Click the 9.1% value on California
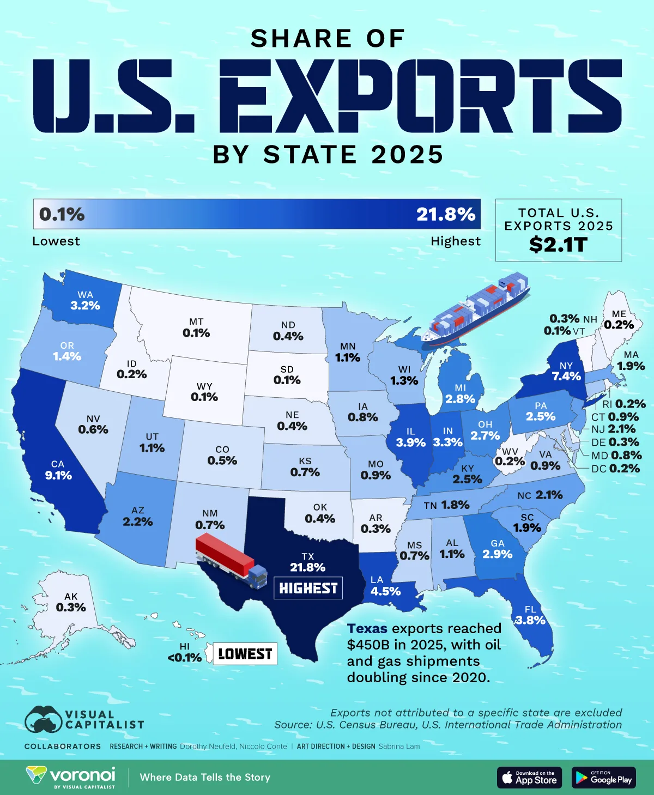pos(58,475)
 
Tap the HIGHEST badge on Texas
pos(308,588)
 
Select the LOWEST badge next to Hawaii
pos(245,654)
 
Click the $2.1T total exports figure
pos(558,245)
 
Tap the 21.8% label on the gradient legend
pos(445,214)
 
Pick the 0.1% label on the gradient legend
pos(62,214)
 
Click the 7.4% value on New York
pos(566,376)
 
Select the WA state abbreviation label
pos(85,295)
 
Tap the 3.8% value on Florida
pos(530,620)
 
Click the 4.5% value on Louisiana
pos(385,591)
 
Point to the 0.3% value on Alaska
pos(71,607)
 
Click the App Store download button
pos(529,778)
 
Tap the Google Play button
pos(604,778)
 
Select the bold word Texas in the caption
pos(367,628)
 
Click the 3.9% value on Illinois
pos(410,442)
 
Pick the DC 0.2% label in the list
pos(615,469)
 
